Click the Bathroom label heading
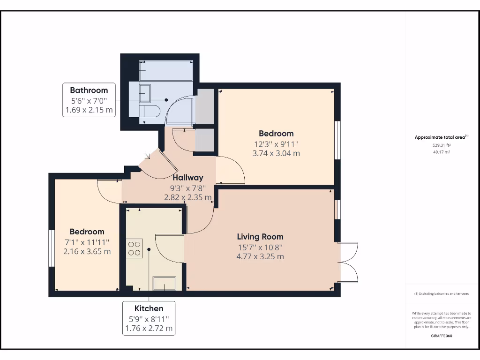coord(89,90)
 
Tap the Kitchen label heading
coord(149,308)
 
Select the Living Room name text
coord(260,236)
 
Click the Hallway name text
coord(188,178)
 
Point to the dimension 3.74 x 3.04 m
coord(277,153)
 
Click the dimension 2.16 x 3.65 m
coord(87,251)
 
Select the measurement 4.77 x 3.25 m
coord(260,256)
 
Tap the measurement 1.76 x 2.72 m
coord(149,328)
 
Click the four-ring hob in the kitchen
coord(135,248)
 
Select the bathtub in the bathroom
coord(166,71)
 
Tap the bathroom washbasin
coord(145,92)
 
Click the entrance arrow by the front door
coord(148,157)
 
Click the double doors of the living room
coord(347,262)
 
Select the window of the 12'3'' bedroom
coord(337,140)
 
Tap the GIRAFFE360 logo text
coord(442,336)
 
